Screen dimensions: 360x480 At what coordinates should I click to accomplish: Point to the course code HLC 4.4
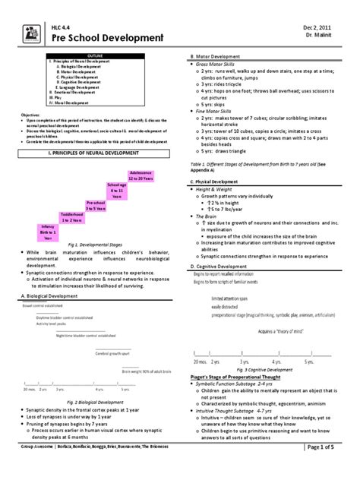[60, 26]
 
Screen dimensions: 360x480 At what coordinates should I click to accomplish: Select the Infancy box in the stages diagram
[48, 231]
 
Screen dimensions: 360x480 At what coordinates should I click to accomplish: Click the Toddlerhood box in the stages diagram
[71, 216]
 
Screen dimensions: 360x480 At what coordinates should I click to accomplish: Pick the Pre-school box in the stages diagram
[95, 206]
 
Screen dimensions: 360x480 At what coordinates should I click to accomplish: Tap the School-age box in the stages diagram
[117, 191]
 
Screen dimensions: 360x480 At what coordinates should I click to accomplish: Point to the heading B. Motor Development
[219, 57]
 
